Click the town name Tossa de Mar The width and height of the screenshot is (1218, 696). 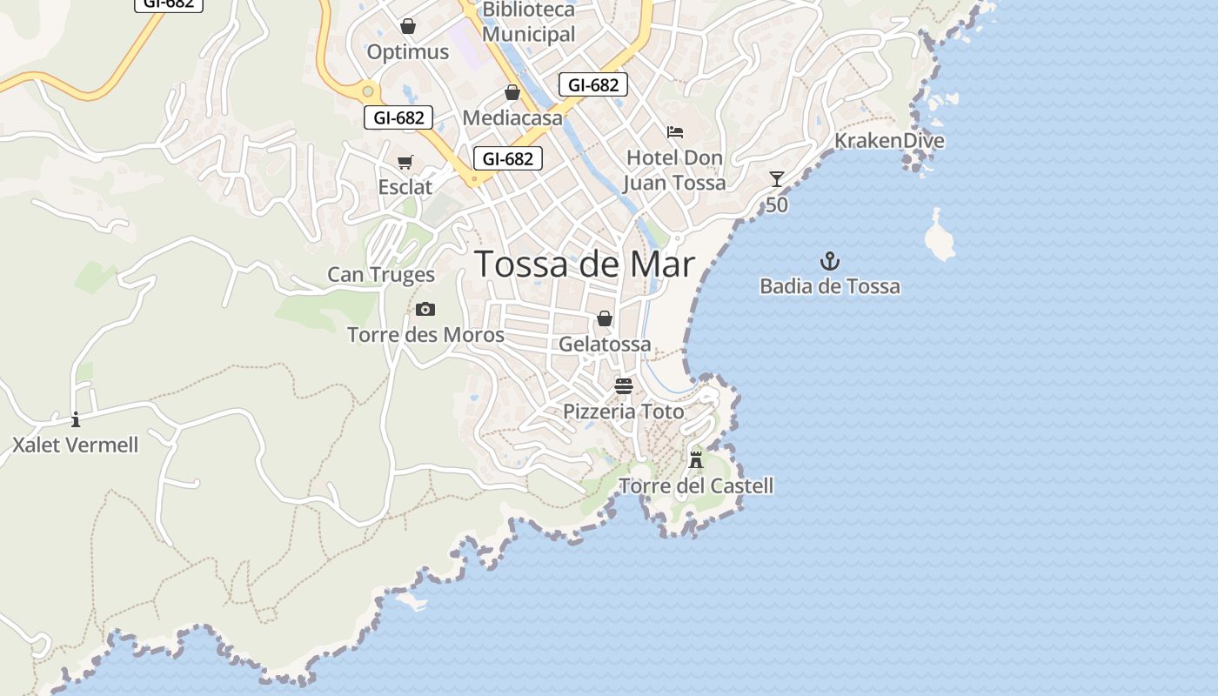[585, 264]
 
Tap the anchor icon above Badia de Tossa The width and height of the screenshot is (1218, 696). [830, 261]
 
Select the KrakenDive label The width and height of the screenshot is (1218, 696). [889, 141]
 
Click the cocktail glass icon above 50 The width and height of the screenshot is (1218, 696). [777, 179]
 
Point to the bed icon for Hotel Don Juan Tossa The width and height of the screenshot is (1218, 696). [675, 132]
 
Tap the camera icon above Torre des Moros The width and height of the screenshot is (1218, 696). [425, 309]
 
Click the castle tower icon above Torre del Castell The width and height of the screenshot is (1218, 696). [696, 459]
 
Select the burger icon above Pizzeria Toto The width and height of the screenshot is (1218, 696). [624, 385]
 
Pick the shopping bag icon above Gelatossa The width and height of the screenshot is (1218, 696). [605, 318]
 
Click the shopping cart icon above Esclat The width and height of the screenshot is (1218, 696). [405, 162]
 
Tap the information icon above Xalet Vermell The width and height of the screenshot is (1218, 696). [76, 419]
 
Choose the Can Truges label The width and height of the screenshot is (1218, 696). [381, 275]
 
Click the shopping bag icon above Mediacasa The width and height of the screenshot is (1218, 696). [512, 92]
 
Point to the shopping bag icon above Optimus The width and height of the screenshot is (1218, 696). [408, 26]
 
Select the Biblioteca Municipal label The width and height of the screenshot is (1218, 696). [529, 23]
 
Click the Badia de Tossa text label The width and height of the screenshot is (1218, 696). [830, 286]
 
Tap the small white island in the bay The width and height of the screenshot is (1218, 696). [940, 237]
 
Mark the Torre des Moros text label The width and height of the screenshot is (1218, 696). [425, 335]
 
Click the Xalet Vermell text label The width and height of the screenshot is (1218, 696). [76, 445]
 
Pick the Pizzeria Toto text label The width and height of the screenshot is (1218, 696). [624, 412]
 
